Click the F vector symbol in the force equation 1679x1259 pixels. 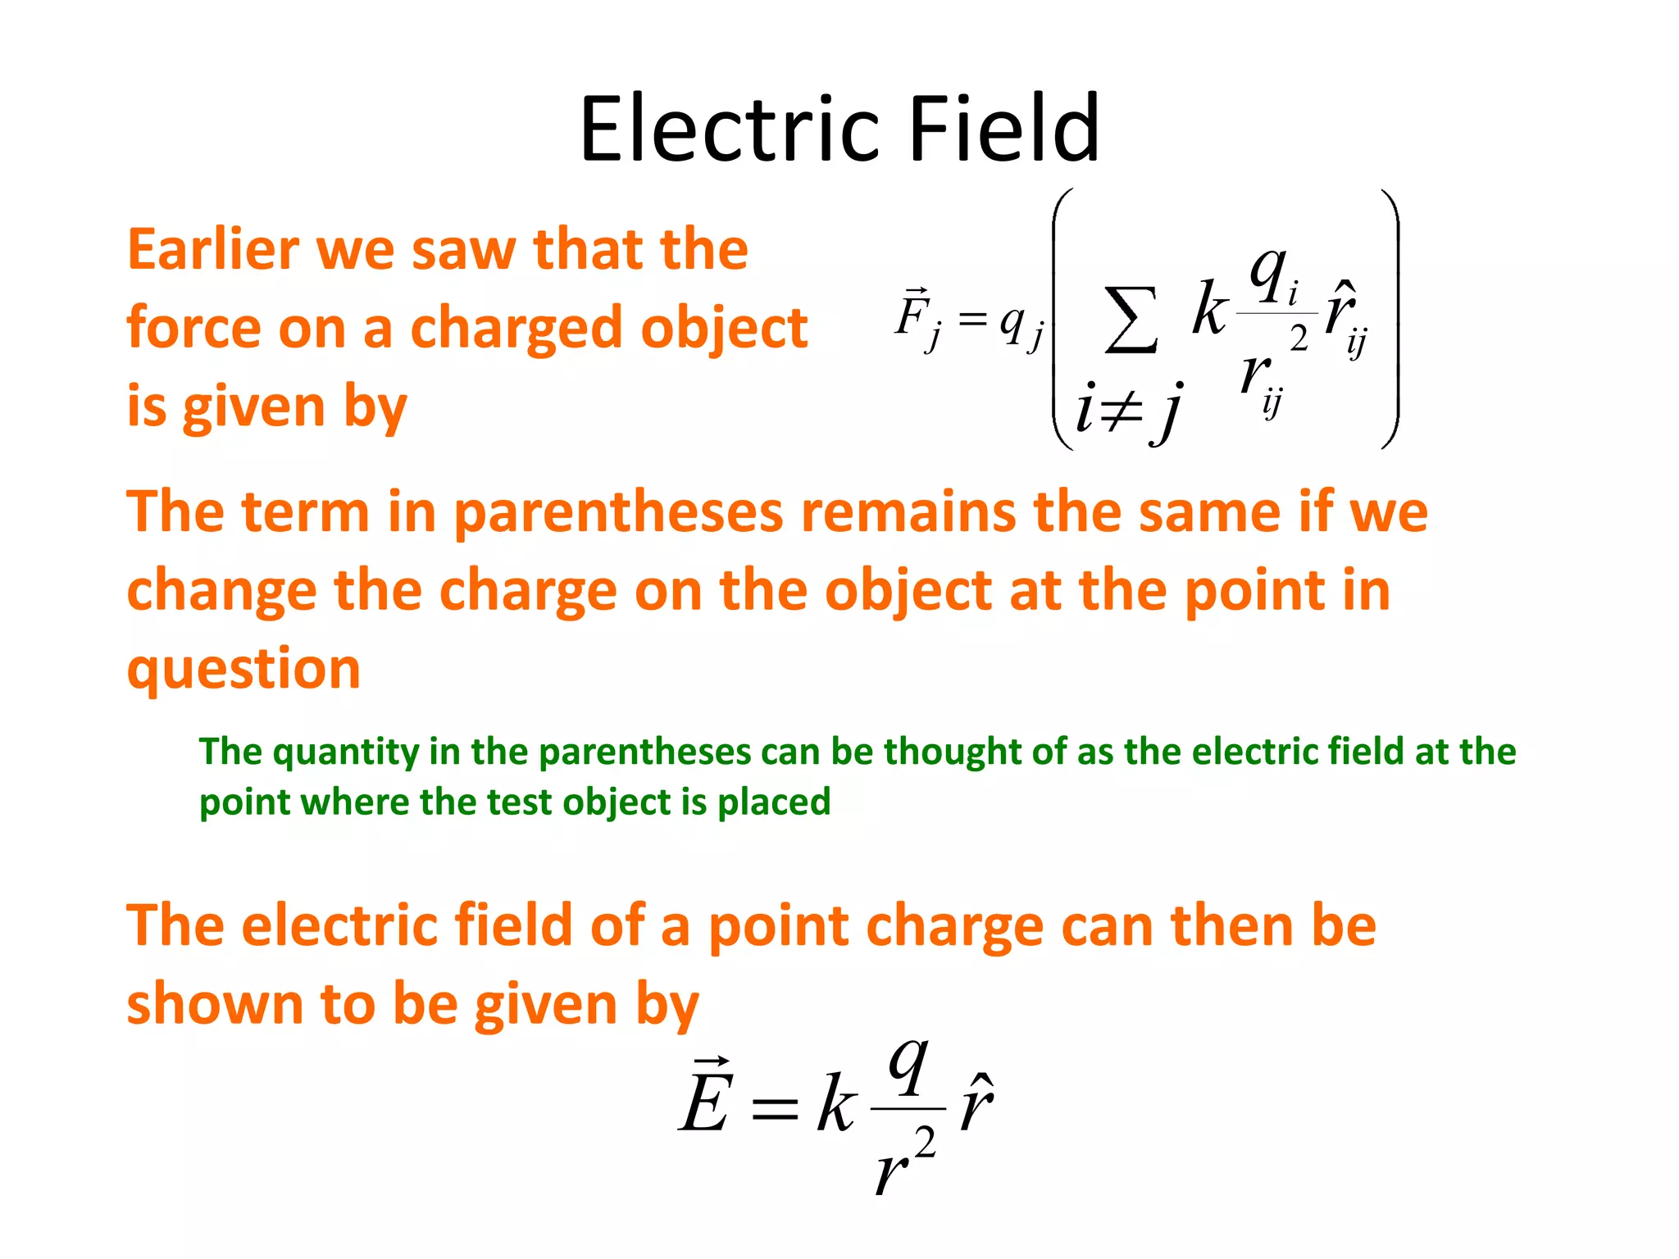click(x=912, y=315)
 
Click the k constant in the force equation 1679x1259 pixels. click(x=1209, y=309)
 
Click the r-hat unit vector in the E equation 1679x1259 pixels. click(x=976, y=1102)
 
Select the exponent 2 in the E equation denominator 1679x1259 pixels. click(x=925, y=1142)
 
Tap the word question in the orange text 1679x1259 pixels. click(x=243, y=669)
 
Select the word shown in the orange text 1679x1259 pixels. click(x=215, y=1004)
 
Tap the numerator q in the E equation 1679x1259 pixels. click(x=908, y=1065)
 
